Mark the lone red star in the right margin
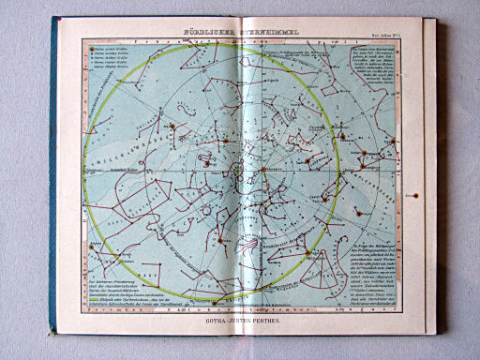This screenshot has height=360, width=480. tap(412, 195)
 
